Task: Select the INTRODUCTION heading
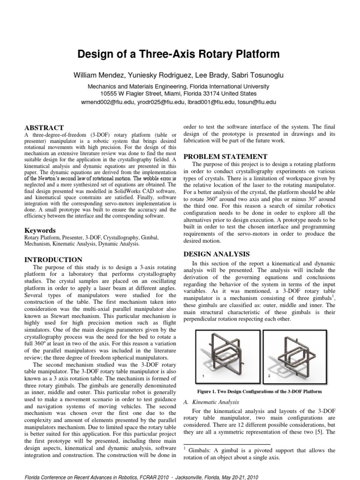[53, 260]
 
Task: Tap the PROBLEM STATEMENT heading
[225, 157]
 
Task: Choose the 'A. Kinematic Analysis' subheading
[209, 402]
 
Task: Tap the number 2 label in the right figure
[269, 376]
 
